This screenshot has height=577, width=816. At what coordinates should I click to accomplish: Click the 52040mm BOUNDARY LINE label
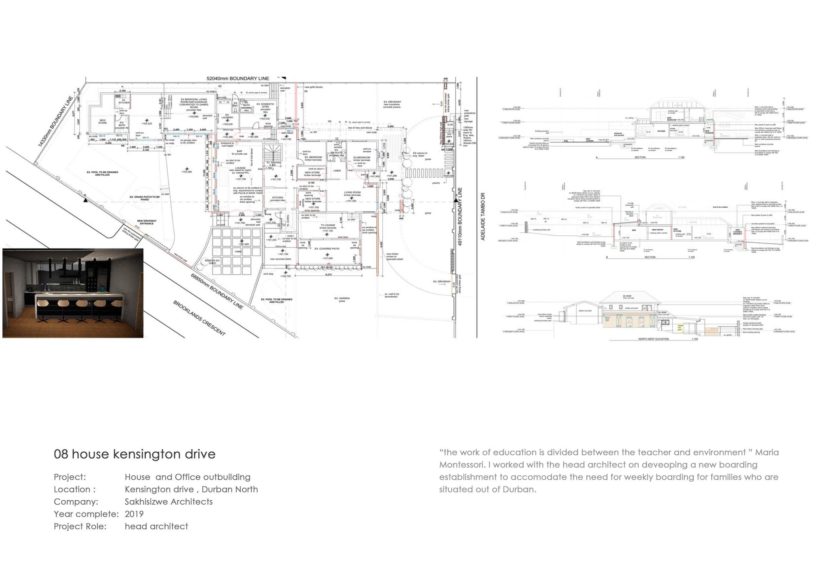pyautogui.click(x=238, y=78)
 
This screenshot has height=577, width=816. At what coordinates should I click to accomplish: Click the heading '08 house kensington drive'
pyautogui.click(x=134, y=454)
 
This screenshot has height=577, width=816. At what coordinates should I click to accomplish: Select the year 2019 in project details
pyautogui.click(x=134, y=514)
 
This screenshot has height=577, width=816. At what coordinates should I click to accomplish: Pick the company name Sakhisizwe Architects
pyautogui.click(x=168, y=502)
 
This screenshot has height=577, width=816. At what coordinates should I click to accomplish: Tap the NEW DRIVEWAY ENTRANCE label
pyautogui.click(x=146, y=222)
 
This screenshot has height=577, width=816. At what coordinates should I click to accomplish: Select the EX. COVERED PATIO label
pyautogui.click(x=327, y=248)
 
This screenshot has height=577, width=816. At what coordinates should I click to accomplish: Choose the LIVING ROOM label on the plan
pyautogui.click(x=352, y=193)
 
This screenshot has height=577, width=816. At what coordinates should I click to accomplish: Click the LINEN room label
pyautogui.click(x=336, y=171)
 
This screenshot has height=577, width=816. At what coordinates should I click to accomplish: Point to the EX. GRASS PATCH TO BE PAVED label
pyautogui.click(x=144, y=198)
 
